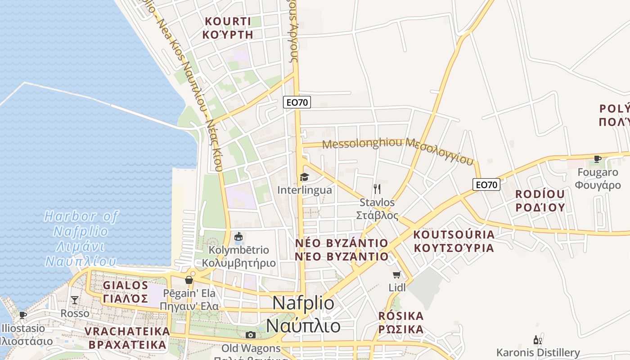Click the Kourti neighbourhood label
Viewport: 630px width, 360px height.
click(228, 28)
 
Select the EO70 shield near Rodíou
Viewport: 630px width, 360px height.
click(486, 184)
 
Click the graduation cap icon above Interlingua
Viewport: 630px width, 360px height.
click(305, 177)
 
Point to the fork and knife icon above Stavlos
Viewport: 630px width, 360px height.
click(377, 189)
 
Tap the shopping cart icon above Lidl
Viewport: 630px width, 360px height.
click(396, 274)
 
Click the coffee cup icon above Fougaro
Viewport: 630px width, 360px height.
click(598, 159)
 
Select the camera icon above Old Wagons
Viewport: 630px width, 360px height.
click(251, 335)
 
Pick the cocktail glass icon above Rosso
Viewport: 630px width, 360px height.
click(75, 300)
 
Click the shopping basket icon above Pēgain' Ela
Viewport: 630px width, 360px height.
click(189, 280)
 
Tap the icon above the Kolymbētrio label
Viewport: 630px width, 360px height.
click(239, 236)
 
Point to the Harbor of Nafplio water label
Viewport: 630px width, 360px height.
click(81, 238)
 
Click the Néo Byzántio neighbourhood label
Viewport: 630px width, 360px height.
click(342, 250)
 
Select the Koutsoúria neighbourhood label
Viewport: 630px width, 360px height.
click(454, 241)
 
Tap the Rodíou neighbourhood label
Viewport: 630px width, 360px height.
click(540, 201)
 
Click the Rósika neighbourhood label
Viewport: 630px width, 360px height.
click(401, 322)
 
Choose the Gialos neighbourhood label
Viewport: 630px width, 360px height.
click(126, 292)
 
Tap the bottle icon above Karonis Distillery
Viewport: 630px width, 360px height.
click(537, 340)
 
